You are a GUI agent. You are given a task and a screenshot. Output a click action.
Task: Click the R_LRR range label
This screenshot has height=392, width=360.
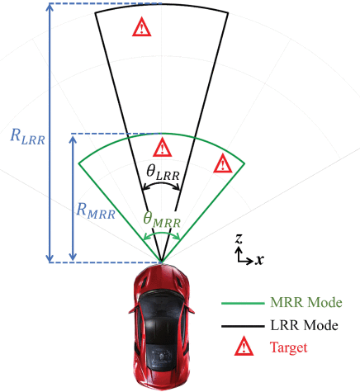(27, 137)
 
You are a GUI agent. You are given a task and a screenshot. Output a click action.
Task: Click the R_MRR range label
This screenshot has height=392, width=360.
(96, 210)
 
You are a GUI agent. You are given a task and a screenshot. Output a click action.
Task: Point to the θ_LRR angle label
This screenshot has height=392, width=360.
(163, 172)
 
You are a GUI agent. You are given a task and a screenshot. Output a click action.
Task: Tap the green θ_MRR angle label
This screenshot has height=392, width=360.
(162, 220)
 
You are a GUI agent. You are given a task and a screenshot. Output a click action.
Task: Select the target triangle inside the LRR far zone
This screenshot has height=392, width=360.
(141, 27)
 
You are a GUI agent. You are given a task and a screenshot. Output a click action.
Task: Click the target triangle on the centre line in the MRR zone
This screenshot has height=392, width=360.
(163, 148)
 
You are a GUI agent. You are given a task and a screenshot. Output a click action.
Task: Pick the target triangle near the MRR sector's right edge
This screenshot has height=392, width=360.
(223, 163)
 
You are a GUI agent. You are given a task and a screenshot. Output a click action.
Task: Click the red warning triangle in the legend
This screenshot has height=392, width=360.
(244, 346)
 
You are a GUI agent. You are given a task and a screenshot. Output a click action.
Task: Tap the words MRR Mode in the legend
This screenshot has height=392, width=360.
(306, 302)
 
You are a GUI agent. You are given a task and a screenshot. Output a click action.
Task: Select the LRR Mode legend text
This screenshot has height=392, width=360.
(304, 325)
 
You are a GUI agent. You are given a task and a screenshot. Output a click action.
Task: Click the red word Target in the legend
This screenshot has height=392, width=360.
(288, 347)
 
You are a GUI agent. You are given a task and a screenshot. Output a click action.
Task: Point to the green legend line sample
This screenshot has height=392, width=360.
(243, 304)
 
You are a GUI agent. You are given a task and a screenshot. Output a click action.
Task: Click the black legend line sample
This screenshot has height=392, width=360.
(243, 327)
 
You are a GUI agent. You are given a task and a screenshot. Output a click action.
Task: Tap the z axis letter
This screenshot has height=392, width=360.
(239, 239)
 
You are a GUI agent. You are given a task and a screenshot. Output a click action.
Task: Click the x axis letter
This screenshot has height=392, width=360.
(259, 259)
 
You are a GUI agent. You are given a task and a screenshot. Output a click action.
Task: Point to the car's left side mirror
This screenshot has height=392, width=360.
(133, 309)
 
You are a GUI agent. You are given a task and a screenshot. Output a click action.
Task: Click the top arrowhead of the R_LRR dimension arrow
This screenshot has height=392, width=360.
(50, 7)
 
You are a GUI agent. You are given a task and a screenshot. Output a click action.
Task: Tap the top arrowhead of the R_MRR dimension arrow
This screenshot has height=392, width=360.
(73, 139)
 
